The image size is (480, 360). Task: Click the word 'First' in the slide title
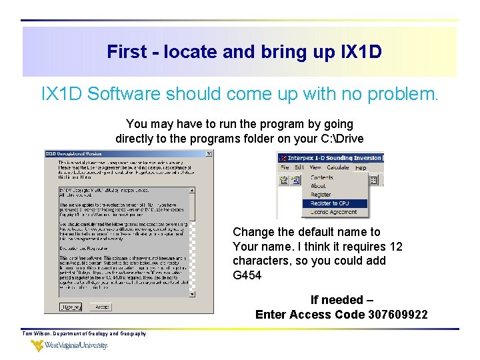pyautogui.click(x=125, y=52)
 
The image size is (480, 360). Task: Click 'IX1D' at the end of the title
pyautogui.click(x=360, y=52)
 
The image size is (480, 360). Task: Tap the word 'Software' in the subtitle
pyautogui.click(x=125, y=94)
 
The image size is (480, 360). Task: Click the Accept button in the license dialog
pyautogui.click(x=103, y=307)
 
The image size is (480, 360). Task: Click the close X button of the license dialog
pyautogui.click(x=209, y=154)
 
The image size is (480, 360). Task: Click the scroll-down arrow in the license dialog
pyautogui.click(x=192, y=293)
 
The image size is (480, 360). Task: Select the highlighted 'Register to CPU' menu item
pyautogui.click(x=329, y=203)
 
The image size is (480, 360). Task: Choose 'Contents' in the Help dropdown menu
pyautogui.click(x=322, y=177)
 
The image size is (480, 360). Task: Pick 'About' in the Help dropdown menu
pyautogui.click(x=319, y=186)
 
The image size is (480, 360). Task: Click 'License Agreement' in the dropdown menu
pyautogui.click(x=333, y=212)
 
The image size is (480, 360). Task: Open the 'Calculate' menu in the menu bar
pyautogui.click(x=338, y=167)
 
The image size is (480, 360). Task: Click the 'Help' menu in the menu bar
pyautogui.click(x=361, y=167)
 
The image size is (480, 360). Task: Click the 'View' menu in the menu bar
pyautogui.click(x=315, y=167)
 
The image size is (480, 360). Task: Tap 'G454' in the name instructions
pyautogui.click(x=247, y=275)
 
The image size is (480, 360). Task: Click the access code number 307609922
pyautogui.click(x=397, y=315)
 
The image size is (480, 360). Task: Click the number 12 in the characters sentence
pyautogui.click(x=396, y=247)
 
